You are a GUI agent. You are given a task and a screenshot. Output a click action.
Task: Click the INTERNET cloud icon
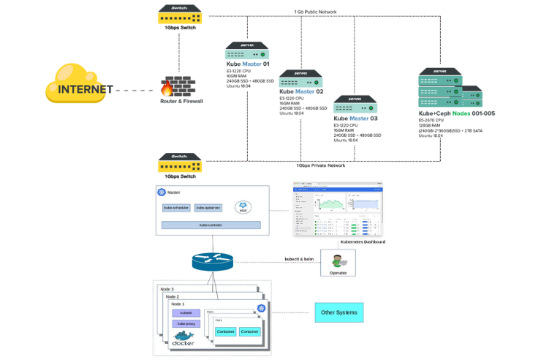click(81, 84)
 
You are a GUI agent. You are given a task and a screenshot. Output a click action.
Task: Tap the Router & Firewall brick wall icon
click(181, 86)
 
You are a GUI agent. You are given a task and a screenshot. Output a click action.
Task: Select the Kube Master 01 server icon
click(247, 52)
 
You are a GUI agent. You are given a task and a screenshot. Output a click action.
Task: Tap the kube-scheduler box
click(176, 208)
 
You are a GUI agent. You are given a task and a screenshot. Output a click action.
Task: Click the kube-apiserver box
click(208, 208)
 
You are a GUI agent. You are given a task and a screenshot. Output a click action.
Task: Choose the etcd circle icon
click(243, 207)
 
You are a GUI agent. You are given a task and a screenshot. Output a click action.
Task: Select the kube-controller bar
click(211, 225)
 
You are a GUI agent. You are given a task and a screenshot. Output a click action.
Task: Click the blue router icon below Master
click(213, 260)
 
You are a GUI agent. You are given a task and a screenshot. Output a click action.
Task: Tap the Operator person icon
click(337, 260)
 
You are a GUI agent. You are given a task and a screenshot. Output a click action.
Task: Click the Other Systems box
click(338, 313)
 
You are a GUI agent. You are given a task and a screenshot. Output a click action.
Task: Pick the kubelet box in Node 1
click(186, 312)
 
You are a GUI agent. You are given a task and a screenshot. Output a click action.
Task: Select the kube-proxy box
click(186, 323)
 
